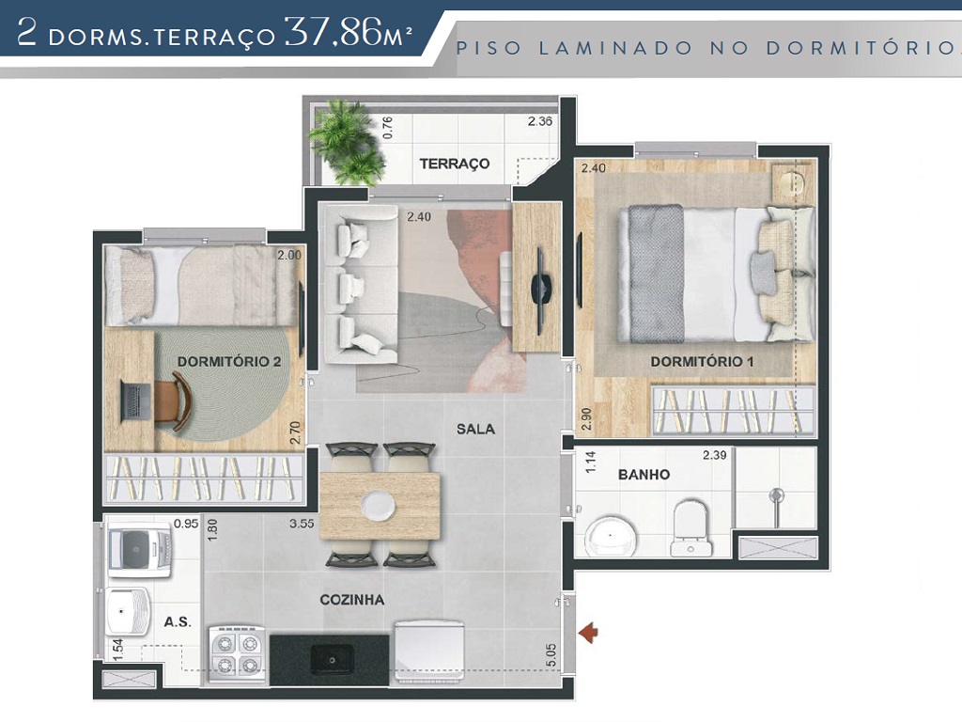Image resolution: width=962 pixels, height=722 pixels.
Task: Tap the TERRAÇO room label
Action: (455, 164)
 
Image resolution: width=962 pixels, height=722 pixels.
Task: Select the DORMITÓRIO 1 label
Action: (702, 361)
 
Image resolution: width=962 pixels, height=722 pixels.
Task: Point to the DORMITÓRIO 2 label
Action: (229, 361)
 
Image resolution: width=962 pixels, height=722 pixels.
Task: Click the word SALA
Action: (475, 429)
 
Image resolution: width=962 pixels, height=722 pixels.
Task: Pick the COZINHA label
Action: (351, 599)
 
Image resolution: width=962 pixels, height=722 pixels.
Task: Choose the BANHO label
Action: (644, 475)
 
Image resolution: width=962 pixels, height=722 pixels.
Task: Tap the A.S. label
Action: (178, 621)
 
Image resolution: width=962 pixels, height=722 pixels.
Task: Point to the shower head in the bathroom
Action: (775, 495)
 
